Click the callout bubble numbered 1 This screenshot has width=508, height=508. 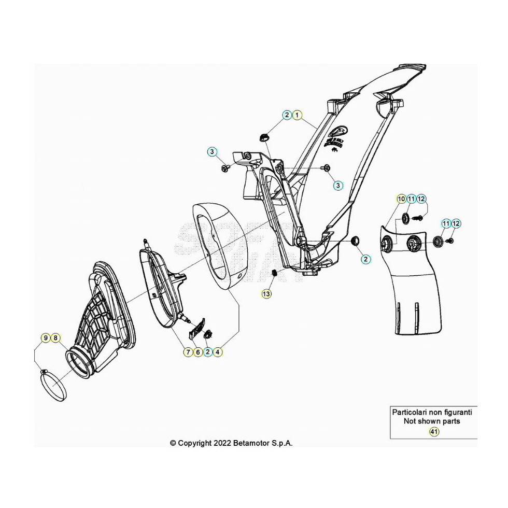[297, 115]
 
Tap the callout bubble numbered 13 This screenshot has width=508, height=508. [266, 294]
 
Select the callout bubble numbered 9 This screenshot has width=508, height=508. [46, 338]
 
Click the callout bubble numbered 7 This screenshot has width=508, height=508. [188, 352]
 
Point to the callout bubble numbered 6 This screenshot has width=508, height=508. [197, 352]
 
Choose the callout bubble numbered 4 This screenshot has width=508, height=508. [218, 352]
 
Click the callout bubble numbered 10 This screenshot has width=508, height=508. [401, 199]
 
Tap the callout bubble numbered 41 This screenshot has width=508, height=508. [434, 431]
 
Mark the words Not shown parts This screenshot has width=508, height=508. [432, 421]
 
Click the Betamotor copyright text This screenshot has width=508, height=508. [231, 443]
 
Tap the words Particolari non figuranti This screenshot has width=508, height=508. [432, 412]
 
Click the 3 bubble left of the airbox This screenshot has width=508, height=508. [211, 152]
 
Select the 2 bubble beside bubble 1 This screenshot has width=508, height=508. [287, 115]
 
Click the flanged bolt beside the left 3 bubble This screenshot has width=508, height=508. [224, 169]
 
